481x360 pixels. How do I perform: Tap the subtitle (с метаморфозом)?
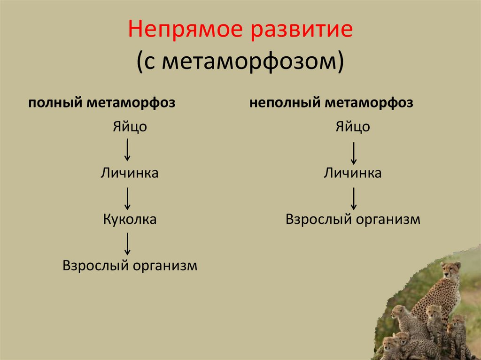pyautogui.click(x=240, y=62)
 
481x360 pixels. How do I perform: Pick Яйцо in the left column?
pyautogui.click(x=129, y=127)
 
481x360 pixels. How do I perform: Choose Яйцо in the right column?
pyautogui.click(x=353, y=127)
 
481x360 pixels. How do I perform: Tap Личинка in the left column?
pyautogui.click(x=129, y=173)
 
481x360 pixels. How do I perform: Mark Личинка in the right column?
pyautogui.click(x=353, y=173)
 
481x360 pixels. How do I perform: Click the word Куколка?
pyautogui.click(x=129, y=219)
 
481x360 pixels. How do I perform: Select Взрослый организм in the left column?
pyautogui.click(x=130, y=266)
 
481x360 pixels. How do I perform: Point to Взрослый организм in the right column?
pyautogui.click(x=353, y=219)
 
